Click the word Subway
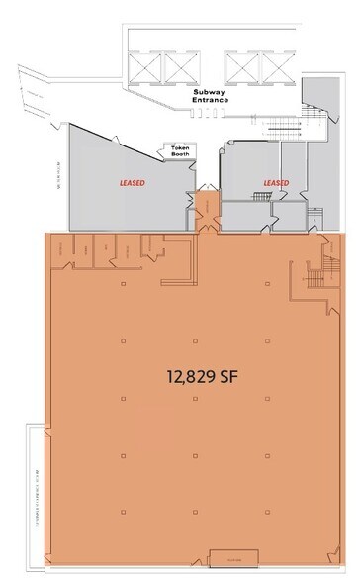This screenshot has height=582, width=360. pyautogui.click(x=211, y=91)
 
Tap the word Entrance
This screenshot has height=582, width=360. pyautogui.click(x=211, y=100)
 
